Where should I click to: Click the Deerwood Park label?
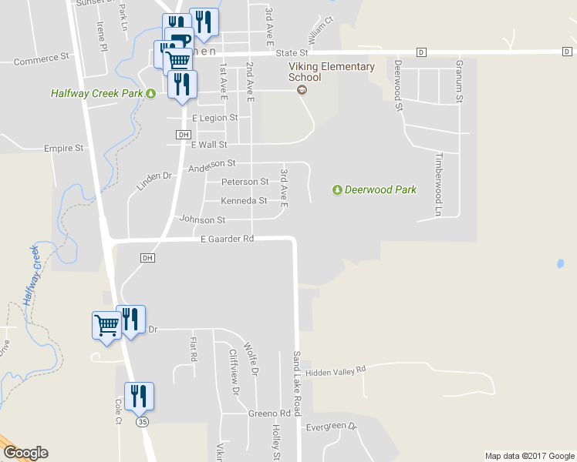point(380,189)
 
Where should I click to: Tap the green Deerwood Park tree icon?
point(337,189)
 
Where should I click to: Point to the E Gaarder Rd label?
point(227,239)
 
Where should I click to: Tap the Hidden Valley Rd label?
point(335,372)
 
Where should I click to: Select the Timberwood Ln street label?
point(439,183)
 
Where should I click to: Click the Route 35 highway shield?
point(141,422)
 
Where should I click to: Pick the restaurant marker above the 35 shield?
point(139,396)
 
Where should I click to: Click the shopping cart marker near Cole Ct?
point(106,324)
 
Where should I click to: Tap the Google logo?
point(25,453)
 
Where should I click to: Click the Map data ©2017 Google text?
point(529,456)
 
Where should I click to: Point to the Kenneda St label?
point(244,201)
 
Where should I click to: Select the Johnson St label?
point(202,220)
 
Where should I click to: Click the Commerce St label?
point(42,59)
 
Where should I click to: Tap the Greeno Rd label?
point(269,413)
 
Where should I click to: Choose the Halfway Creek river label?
point(31,275)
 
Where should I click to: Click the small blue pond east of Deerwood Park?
point(558,263)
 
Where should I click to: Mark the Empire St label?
point(63,148)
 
